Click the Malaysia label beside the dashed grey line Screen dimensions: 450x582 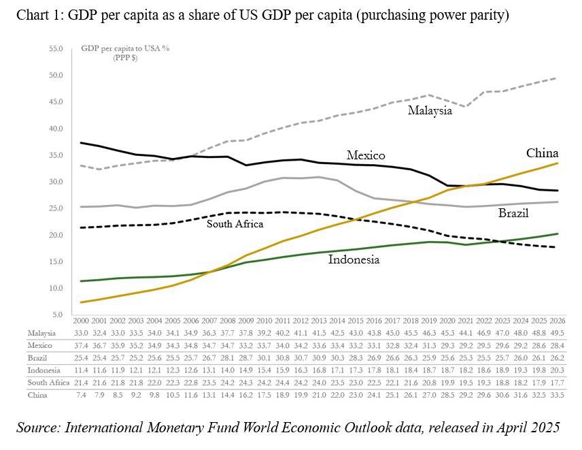click(x=430, y=110)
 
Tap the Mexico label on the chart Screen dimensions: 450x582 click(x=366, y=155)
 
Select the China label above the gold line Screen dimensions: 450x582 click(x=543, y=152)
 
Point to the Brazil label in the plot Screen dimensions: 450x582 click(x=513, y=213)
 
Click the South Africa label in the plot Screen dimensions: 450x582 click(x=235, y=223)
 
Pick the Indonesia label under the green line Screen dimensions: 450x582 click(x=354, y=259)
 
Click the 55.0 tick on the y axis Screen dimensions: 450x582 click(x=56, y=49)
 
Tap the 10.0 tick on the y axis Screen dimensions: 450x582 click(x=56, y=288)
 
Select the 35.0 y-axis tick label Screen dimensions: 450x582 click(x=56, y=155)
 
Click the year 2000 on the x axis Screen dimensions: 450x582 click(x=80, y=319)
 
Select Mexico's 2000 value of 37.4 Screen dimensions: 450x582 click(x=80, y=345)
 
